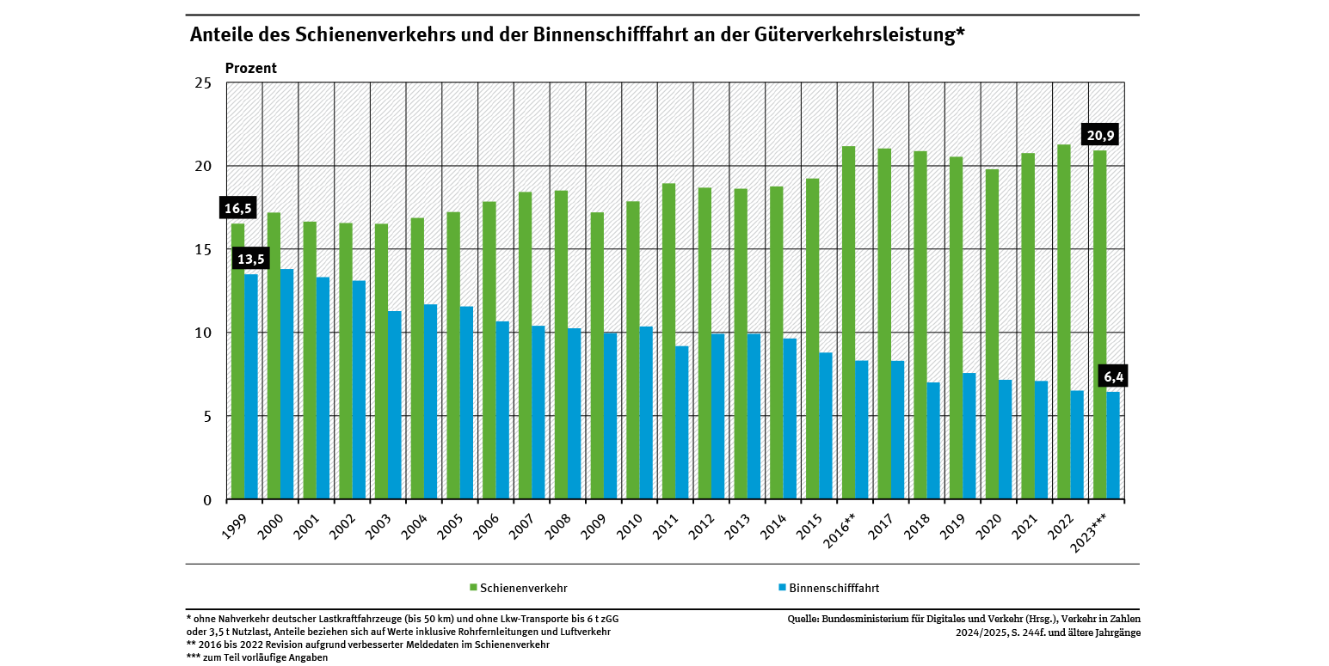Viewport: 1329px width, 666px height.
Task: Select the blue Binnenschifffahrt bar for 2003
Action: click(x=395, y=405)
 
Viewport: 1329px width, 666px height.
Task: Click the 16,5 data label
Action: click(x=237, y=208)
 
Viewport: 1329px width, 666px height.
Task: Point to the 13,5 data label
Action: click(x=251, y=260)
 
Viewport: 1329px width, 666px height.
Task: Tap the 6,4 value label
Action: click(x=1114, y=376)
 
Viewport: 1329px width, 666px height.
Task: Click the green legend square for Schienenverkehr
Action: click(x=473, y=588)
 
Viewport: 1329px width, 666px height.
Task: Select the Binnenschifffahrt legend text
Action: click(x=834, y=589)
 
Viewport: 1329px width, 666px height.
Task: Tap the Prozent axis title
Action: click(x=251, y=68)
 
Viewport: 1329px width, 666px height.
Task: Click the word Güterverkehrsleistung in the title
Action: click(x=864, y=35)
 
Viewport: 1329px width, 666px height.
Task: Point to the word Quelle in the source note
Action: click(x=803, y=619)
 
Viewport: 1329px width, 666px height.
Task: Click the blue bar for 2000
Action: click(x=287, y=384)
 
